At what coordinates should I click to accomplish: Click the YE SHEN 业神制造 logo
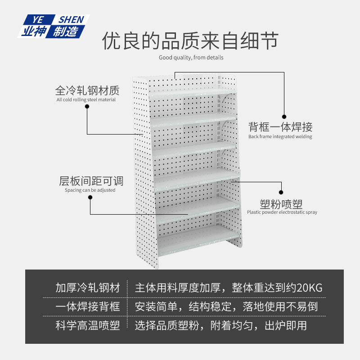(x=53, y=26)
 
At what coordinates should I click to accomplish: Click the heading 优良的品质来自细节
(x=190, y=41)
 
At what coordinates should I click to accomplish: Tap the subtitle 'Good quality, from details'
(x=191, y=58)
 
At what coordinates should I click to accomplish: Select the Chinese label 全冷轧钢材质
(x=87, y=90)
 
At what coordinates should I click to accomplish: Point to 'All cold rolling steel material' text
(x=86, y=99)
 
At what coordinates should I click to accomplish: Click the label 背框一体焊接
(x=280, y=127)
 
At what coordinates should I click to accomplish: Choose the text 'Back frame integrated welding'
(x=280, y=136)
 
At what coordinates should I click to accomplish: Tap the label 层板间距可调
(x=91, y=181)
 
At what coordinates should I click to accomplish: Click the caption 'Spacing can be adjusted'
(x=90, y=190)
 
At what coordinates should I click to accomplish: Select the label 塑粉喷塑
(x=282, y=202)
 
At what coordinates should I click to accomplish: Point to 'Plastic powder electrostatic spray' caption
(x=282, y=212)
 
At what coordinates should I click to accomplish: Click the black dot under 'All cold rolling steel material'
(x=87, y=107)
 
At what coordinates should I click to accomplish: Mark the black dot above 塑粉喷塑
(x=282, y=191)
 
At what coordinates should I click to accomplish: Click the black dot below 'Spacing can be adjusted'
(x=90, y=198)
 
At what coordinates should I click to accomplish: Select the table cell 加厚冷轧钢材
(x=88, y=288)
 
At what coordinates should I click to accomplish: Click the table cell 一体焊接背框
(x=88, y=307)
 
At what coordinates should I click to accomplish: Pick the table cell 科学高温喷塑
(x=88, y=326)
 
